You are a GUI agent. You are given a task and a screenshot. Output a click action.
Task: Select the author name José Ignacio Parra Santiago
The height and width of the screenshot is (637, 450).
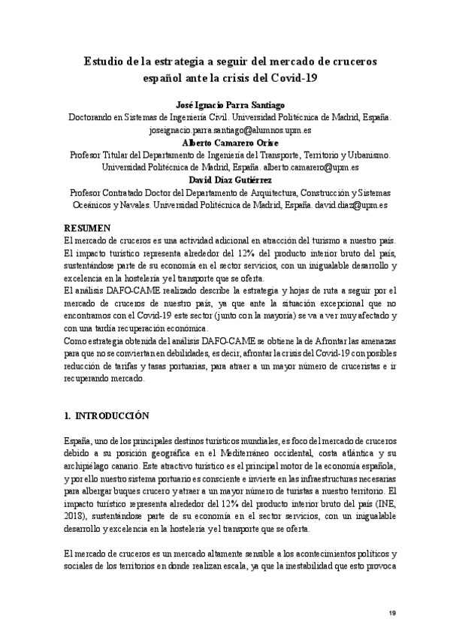(x=225, y=106)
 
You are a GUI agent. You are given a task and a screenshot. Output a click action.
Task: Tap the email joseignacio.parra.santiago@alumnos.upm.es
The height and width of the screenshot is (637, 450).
(x=225, y=130)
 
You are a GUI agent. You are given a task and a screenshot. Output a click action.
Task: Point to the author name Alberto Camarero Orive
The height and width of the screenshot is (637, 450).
(x=225, y=142)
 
